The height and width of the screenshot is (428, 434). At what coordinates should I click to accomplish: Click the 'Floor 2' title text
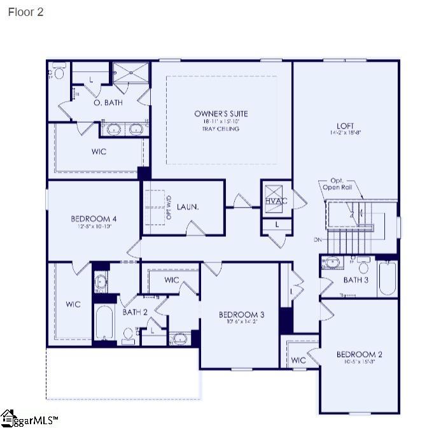coord(25,12)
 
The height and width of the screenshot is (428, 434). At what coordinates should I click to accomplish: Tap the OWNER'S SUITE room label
coord(221,114)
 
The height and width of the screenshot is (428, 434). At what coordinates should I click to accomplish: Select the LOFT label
coord(345,126)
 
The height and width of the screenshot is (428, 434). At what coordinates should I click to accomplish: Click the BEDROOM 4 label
coord(93,219)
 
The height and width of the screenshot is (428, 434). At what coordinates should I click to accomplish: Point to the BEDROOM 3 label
coord(241,315)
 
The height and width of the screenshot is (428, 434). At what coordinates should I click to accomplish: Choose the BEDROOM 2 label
coord(359,355)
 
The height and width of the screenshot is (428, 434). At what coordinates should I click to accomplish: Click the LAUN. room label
coord(188,207)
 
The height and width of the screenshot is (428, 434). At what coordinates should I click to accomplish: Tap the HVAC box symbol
coord(276,194)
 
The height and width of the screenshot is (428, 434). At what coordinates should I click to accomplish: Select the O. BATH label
coord(108,103)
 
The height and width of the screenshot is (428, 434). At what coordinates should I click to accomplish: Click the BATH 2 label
coord(135,312)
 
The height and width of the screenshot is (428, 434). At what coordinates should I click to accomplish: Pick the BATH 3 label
coord(356,280)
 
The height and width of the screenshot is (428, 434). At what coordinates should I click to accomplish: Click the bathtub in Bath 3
coord(387,278)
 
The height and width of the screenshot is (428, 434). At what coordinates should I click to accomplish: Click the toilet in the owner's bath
coord(59,73)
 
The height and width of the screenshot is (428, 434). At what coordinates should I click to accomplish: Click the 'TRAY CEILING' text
coord(221,129)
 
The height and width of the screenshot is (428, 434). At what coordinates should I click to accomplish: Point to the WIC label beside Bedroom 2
coord(298,360)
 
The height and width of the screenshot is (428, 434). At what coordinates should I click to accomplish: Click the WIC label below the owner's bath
coord(99,152)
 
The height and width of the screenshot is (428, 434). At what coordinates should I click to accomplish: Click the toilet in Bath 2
coord(129,335)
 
